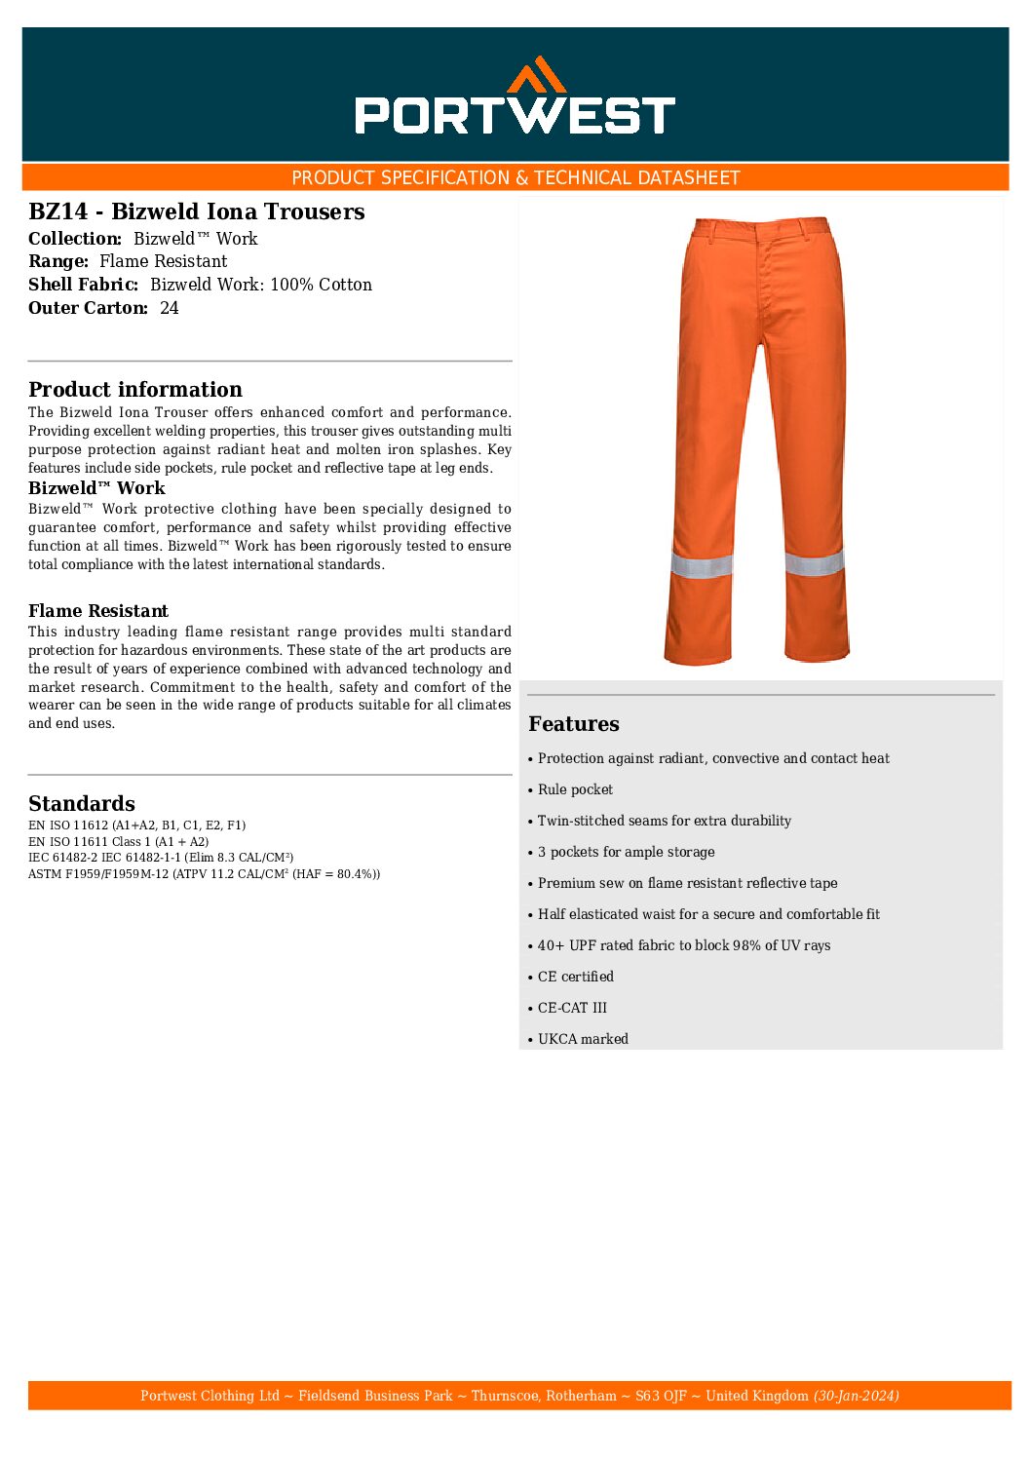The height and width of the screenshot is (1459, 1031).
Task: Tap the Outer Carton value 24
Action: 170,308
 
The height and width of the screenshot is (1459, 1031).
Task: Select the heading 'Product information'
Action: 134,390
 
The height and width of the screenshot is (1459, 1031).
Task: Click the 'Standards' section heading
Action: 82,804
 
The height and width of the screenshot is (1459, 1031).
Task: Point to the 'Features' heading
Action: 573,724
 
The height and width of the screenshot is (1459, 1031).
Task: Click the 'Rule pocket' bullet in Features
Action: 575,789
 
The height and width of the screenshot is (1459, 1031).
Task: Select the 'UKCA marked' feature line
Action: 583,1039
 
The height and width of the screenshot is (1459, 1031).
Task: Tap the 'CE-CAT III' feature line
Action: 572,1008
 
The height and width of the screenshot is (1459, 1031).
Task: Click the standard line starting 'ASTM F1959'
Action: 204,874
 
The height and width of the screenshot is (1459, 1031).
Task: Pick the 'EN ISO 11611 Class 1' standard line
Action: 118,842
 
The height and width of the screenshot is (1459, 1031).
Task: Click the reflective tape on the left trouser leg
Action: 702,564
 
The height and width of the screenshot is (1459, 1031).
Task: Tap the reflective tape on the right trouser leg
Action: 814,562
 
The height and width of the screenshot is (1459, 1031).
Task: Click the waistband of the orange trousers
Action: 761,229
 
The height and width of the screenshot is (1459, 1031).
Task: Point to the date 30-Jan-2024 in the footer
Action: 856,1396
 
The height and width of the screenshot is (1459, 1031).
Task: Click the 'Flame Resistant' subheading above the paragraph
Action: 98,611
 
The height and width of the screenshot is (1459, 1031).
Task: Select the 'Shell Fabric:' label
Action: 84,285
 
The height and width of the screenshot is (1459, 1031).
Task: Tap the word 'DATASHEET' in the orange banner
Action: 690,177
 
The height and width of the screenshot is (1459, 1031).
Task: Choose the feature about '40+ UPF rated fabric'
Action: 684,945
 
